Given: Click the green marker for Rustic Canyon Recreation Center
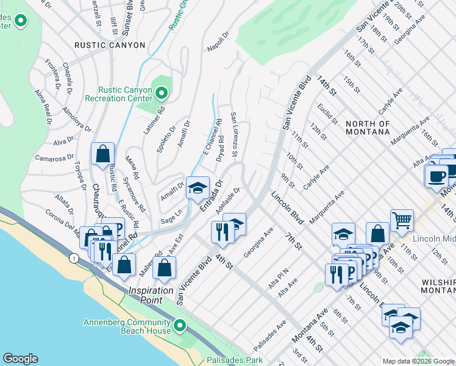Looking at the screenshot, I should pyautogui.click(x=162, y=93).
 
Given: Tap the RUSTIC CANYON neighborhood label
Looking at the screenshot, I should pyautogui.click(x=110, y=45).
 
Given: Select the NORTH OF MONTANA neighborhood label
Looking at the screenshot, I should pyautogui.click(x=367, y=127).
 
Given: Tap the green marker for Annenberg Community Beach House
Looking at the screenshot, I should pyautogui.click(x=179, y=326).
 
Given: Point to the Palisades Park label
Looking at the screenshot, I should pyautogui.click(x=235, y=360).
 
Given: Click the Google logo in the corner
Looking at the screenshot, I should pyautogui.click(x=20, y=359).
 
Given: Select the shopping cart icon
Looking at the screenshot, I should pyautogui.click(x=402, y=220).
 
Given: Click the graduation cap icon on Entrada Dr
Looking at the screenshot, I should pyautogui.click(x=198, y=188).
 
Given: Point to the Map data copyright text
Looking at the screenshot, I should pyautogui.click(x=418, y=361).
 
